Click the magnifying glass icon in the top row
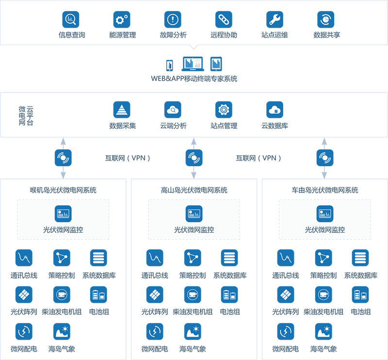pyautogui.click(x=70, y=19)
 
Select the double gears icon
pyautogui.click(x=121, y=19)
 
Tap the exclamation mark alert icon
pyautogui.click(x=172, y=19)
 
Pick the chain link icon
pyautogui.click(x=223, y=19)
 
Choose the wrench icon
pyautogui.click(x=274, y=19)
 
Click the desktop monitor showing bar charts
pyautogui.click(x=193, y=63)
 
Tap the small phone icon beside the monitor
pyautogui.click(x=169, y=64)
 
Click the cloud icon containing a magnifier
pyautogui.click(x=172, y=110)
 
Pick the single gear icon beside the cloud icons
pyautogui.click(x=223, y=110)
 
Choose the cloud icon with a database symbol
pyautogui.click(x=274, y=110)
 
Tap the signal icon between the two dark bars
pyautogui.click(x=193, y=157)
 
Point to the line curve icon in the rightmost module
pyautogui.click(x=285, y=257)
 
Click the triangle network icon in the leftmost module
pyautogui.click(x=62, y=257)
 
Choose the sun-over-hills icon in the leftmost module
pyautogui.click(x=62, y=332)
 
